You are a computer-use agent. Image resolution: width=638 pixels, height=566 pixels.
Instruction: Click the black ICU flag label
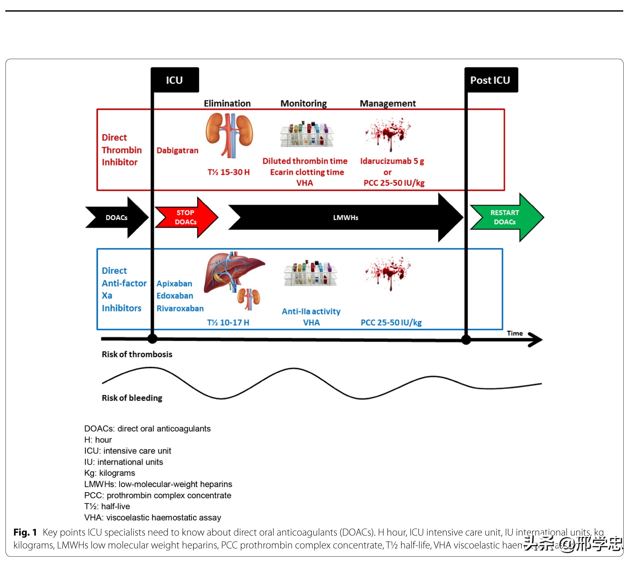point(175,80)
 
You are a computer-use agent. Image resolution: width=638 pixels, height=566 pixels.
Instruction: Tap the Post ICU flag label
point(490,80)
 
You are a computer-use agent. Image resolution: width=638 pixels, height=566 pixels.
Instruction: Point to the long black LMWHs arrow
point(346,218)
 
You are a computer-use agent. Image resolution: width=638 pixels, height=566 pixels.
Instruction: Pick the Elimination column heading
point(227,104)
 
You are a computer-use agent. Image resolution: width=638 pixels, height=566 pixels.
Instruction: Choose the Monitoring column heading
point(304,104)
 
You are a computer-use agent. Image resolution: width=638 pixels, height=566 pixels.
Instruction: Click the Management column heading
point(388,104)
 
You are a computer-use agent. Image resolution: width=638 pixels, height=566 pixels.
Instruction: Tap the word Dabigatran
point(177,150)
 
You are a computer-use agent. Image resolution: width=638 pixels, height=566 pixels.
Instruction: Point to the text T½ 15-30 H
point(229,172)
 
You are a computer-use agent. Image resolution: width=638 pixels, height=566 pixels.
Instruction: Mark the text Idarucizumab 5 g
point(392,161)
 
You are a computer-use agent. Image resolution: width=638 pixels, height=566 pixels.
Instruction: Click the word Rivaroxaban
point(180,309)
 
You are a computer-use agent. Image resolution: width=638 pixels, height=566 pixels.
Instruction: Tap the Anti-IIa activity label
point(311,311)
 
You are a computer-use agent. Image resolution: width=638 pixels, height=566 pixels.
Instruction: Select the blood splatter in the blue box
point(388,272)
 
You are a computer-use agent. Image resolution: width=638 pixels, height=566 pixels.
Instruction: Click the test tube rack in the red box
point(307,134)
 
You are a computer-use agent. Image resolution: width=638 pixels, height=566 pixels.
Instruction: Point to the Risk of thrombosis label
point(137,354)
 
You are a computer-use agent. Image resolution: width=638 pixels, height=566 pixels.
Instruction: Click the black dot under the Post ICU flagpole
point(466,340)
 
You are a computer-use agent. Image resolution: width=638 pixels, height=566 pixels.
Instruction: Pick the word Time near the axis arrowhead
point(515,333)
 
